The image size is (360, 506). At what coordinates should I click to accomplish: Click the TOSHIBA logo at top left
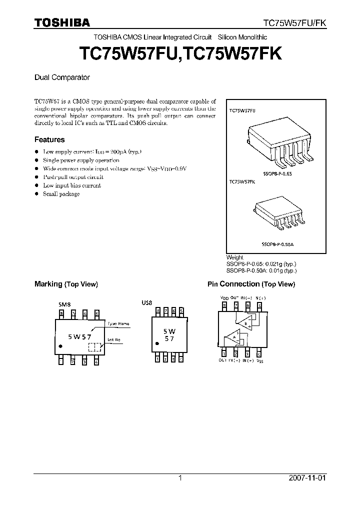62,22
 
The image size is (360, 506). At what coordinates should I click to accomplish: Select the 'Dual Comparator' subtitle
62,77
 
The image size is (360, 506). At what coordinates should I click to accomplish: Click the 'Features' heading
49,140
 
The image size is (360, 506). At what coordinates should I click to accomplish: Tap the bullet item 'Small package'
61,194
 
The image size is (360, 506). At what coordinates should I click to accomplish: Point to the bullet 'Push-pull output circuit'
73,177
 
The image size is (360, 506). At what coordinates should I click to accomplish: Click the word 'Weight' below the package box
235,257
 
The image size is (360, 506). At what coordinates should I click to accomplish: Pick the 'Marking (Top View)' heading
66,284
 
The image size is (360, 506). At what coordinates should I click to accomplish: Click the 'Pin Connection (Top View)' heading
251,284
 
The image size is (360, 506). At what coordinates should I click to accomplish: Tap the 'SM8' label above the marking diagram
64,303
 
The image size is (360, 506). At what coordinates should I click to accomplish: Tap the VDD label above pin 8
223,297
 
